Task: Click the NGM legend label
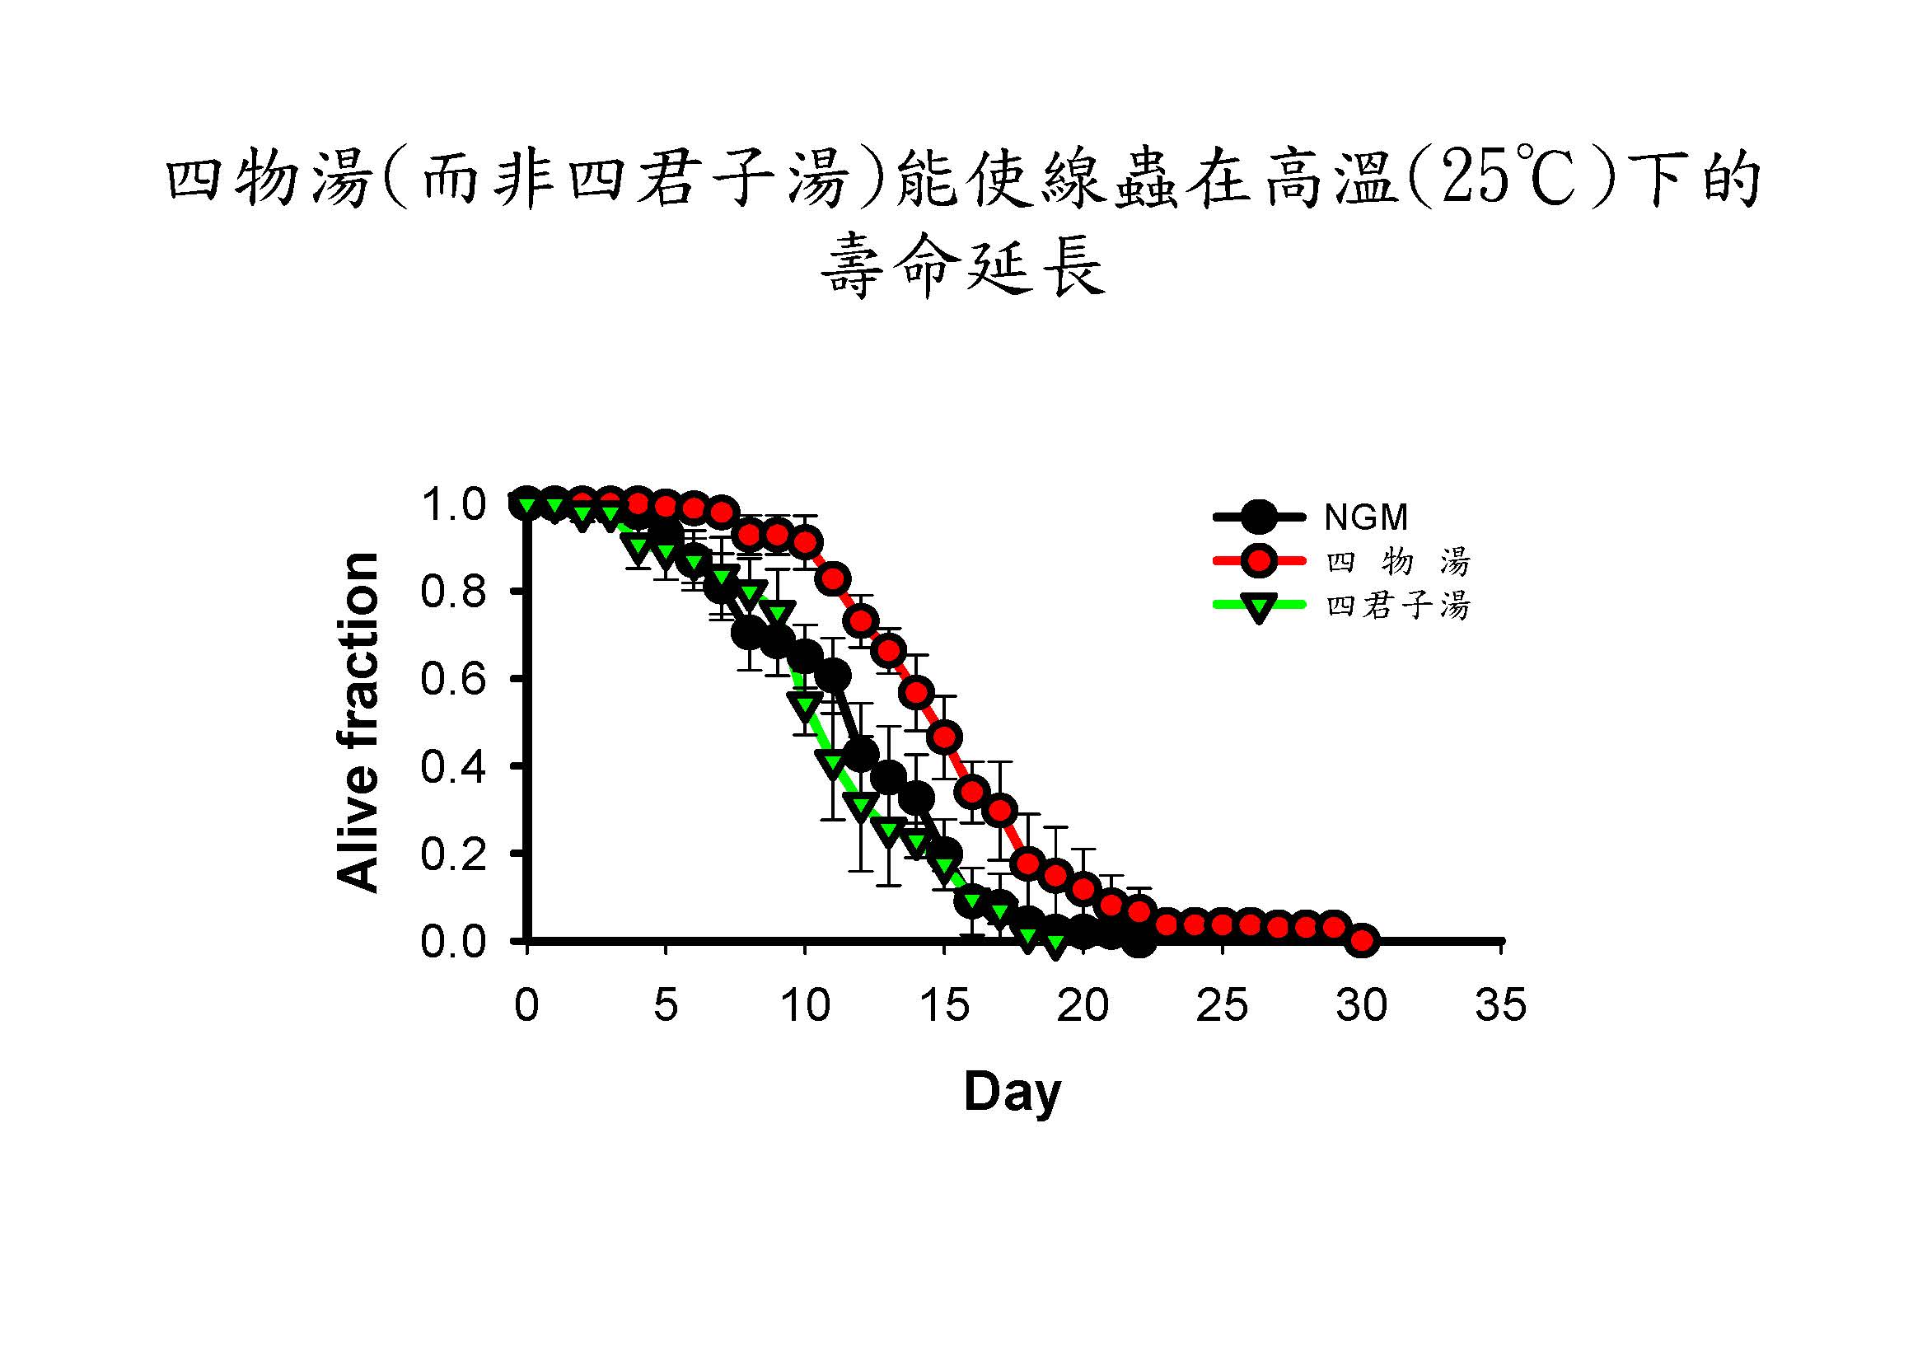click(1365, 517)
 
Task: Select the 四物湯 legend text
click(1398, 561)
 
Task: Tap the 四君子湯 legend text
click(1398, 606)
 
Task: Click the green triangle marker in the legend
click(1258, 607)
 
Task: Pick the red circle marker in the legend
click(1258, 561)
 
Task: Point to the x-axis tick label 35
click(1500, 1006)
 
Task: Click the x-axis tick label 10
click(805, 1006)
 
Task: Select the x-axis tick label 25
click(1222, 1006)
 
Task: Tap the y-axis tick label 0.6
click(454, 679)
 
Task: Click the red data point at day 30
click(1362, 941)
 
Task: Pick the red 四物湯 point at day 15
click(945, 737)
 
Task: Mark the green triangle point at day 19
click(1056, 945)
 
